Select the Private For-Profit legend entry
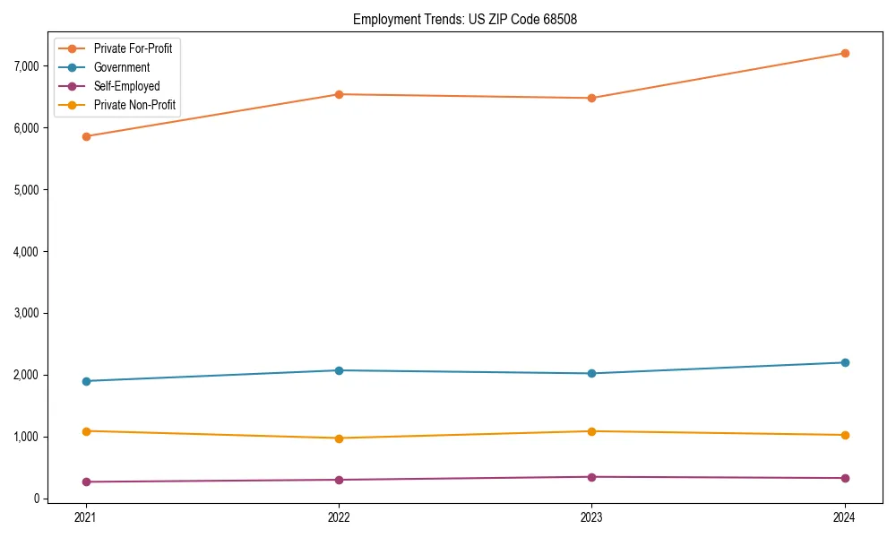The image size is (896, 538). (133, 48)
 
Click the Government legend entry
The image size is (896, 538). (121, 67)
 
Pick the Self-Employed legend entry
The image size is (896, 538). (126, 86)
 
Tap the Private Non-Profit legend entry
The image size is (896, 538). (134, 106)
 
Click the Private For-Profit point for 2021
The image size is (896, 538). (86, 136)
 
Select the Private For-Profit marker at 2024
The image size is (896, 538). (845, 53)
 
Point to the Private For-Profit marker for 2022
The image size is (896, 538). (339, 94)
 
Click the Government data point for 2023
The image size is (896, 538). (591, 373)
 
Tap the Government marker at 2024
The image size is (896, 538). (845, 362)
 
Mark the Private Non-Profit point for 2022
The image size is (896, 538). (339, 438)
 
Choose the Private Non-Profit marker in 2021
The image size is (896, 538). (86, 431)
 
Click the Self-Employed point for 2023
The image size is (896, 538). (591, 477)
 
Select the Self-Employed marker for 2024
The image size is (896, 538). (845, 478)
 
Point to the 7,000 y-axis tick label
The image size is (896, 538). (26, 66)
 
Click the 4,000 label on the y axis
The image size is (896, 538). (26, 252)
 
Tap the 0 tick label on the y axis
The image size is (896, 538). (37, 499)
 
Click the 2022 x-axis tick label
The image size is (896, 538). (339, 517)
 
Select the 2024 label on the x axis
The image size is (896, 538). (845, 517)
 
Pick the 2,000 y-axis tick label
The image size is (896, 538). (26, 376)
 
